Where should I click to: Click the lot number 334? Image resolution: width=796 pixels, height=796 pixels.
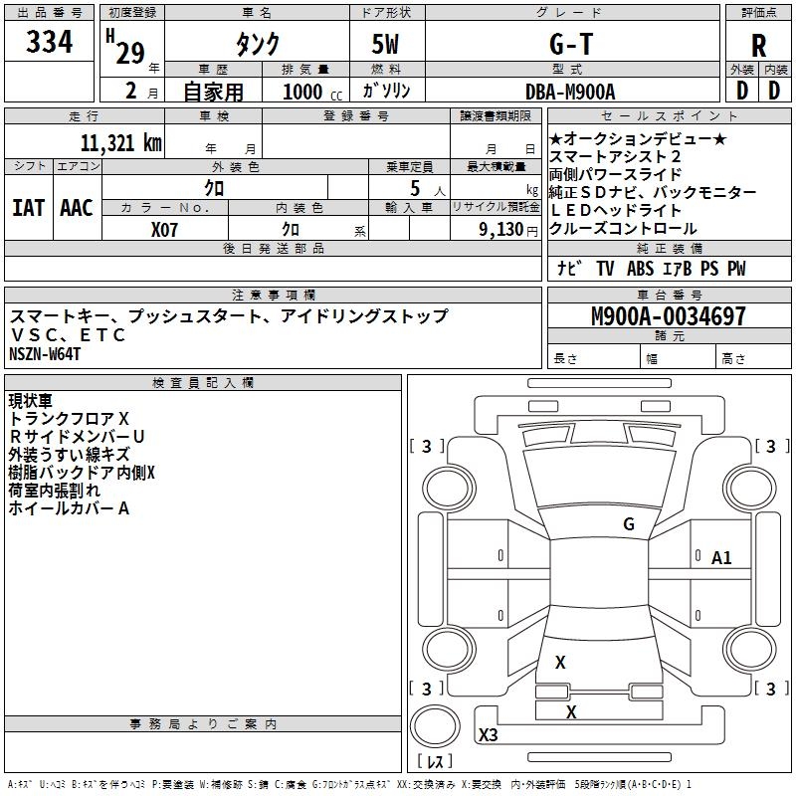(49, 43)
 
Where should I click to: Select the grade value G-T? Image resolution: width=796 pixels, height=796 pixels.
(571, 44)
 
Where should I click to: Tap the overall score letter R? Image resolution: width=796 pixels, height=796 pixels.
(758, 46)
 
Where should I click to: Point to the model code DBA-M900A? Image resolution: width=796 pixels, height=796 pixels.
(571, 92)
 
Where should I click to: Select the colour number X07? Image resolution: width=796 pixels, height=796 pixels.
(165, 228)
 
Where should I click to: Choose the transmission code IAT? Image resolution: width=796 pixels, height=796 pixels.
(28, 208)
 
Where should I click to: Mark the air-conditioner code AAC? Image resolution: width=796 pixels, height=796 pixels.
(76, 208)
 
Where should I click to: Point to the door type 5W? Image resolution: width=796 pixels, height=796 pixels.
(387, 44)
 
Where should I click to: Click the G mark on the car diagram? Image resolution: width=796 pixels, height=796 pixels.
(628, 524)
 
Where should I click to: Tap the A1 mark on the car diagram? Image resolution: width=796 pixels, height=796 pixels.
(721, 558)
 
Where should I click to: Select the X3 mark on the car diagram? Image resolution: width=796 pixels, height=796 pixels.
(488, 735)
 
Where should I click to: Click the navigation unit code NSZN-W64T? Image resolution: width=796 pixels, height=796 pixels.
(45, 354)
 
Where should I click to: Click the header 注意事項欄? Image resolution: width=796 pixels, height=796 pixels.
(273, 296)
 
